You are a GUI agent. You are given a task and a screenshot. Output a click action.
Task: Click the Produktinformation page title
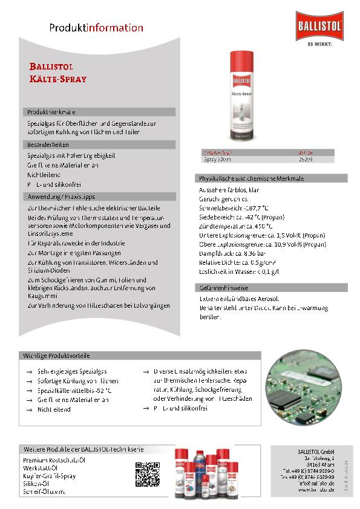tap(96, 28)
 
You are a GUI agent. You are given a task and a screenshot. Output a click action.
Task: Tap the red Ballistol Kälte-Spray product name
tap(58, 73)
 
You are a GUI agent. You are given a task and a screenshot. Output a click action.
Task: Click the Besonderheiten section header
tap(48, 145)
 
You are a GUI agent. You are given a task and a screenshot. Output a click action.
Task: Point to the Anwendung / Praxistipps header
tap(61, 196)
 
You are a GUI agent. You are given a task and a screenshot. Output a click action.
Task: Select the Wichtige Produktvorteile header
tap(57, 356)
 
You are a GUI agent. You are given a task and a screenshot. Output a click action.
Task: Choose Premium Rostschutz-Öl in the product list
tap(53, 460)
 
